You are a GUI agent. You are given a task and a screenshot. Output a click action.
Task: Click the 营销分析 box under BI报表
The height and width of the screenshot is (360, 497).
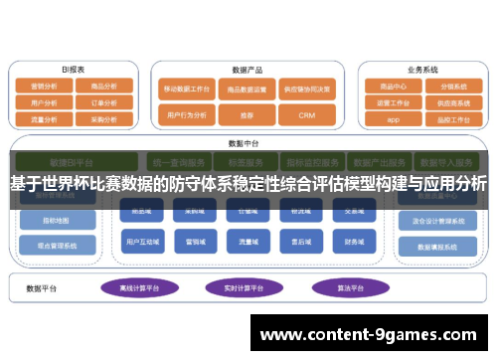coord(43,87)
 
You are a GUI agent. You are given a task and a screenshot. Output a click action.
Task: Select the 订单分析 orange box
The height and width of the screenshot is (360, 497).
coord(103,101)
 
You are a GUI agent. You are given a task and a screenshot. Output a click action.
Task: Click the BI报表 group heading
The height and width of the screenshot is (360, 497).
coord(73,70)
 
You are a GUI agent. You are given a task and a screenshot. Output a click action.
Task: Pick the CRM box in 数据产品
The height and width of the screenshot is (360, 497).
coord(304,115)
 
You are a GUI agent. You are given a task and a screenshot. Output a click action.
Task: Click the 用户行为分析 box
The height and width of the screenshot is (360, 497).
coord(187,115)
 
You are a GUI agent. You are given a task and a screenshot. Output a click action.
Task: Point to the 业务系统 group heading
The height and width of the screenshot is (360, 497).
coord(422,70)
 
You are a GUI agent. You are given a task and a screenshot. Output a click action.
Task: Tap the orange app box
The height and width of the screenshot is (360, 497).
coord(393,118)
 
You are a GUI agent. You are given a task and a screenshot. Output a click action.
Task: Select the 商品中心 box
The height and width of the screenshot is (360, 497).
coord(393,86)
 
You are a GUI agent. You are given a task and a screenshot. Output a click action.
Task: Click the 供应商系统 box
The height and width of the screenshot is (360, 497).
coord(452,101)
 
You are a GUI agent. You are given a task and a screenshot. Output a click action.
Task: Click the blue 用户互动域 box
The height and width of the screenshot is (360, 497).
coord(143,241)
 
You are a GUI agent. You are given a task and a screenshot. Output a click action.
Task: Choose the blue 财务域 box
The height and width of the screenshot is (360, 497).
coord(354,241)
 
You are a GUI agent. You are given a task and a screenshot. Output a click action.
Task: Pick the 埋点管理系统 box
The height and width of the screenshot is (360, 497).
coord(59,244)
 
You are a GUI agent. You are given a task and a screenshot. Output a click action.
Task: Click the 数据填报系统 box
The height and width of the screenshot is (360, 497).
coord(434,246)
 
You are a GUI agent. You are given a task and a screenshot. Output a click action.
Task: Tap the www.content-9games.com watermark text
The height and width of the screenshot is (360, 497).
coord(372,335)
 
